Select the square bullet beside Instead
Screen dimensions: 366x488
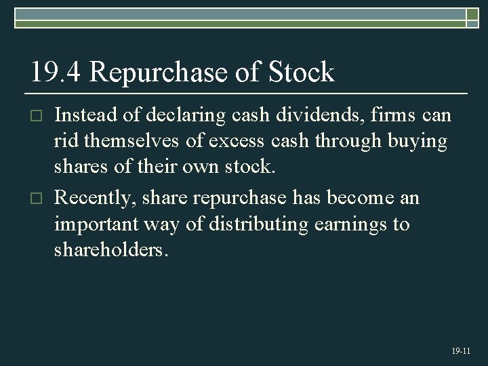39,117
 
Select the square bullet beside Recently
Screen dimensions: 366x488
39,199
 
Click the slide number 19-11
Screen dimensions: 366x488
460,351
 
